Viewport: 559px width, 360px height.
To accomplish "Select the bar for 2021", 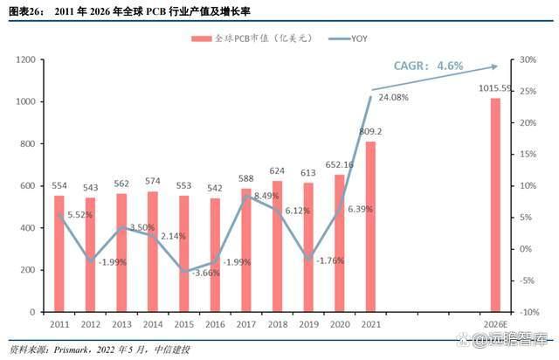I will pos(370,226).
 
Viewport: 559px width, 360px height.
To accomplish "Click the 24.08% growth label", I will pos(394,98).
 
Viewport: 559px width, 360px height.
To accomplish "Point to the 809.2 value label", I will pos(370,132).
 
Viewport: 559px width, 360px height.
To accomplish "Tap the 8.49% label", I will pos(266,195).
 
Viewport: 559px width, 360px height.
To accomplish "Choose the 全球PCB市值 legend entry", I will pos(247,38).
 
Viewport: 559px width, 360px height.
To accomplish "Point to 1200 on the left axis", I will pos(31,59).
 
